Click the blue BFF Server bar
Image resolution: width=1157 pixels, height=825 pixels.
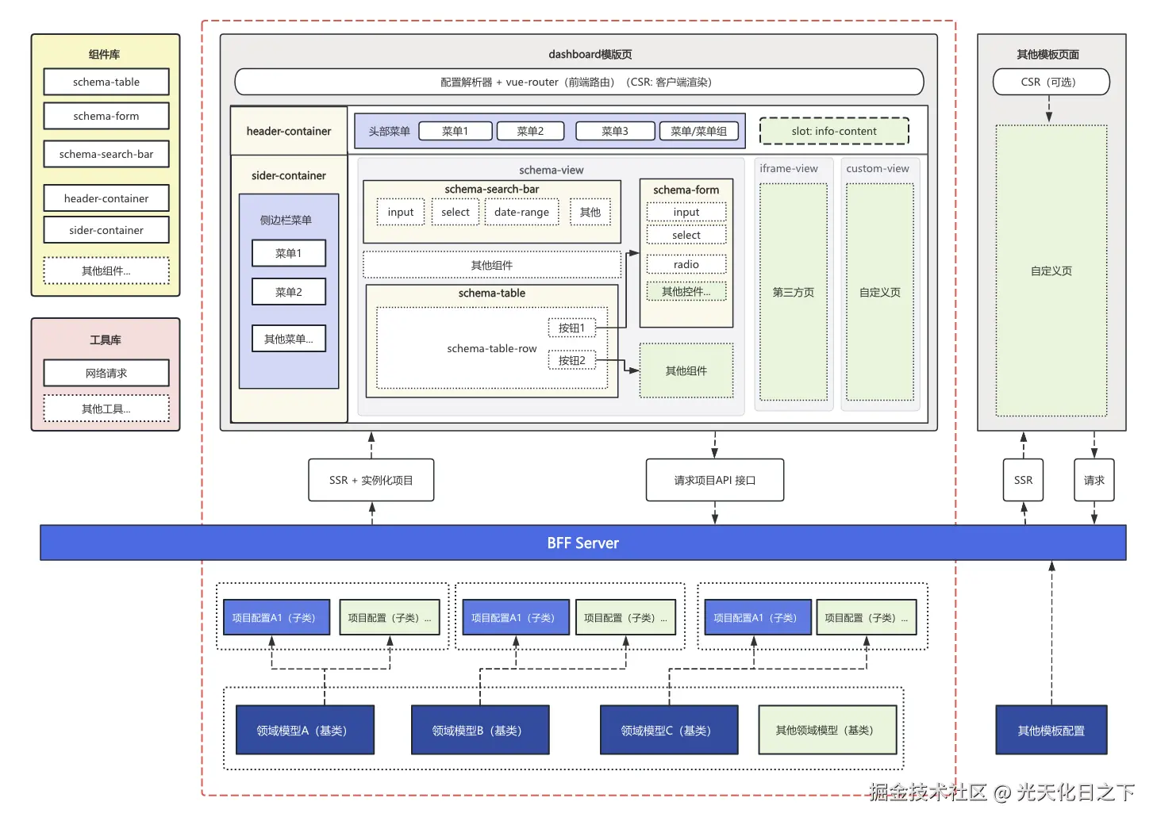click(x=582, y=543)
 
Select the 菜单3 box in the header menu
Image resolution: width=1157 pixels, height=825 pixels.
click(x=615, y=131)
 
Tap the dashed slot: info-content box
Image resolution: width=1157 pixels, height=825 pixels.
click(x=834, y=131)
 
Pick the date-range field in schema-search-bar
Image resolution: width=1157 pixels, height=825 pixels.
click(x=521, y=212)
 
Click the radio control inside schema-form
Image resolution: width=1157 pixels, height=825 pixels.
click(x=686, y=264)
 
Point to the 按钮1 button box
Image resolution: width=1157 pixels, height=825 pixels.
click(x=571, y=328)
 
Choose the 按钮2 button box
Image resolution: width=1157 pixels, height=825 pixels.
click(x=571, y=360)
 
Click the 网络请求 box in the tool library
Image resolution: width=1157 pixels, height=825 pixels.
click(x=106, y=373)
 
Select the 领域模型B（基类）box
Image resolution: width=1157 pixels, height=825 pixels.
click(x=479, y=730)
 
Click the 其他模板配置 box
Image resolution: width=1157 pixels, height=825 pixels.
click(x=1051, y=730)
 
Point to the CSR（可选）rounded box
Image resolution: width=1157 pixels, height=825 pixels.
click(x=1051, y=82)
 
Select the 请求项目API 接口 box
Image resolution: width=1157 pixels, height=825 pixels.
click(x=714, y=480)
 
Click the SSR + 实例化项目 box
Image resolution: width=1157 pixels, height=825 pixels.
click(x=371, y=480)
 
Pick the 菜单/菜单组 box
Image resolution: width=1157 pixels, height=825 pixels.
click(x=698, y=131)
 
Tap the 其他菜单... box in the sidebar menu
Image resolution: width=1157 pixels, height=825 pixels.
click(x=289, y=339)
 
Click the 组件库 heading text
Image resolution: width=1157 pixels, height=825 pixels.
click(x=105, y=54)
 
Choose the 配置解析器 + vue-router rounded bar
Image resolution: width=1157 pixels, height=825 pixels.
click(x=578, y=82)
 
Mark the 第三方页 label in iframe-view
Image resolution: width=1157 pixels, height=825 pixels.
click(x=793, y=292)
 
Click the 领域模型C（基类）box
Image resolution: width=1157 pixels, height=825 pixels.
click(x=668, y=730)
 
